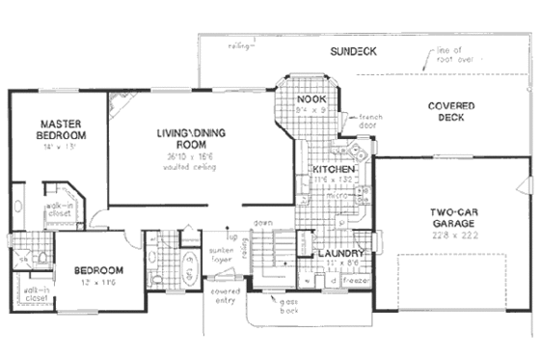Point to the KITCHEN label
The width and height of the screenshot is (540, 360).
coord(335,170)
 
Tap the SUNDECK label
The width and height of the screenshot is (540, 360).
coord(351,50)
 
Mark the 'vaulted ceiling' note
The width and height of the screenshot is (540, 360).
coord(190,167)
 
